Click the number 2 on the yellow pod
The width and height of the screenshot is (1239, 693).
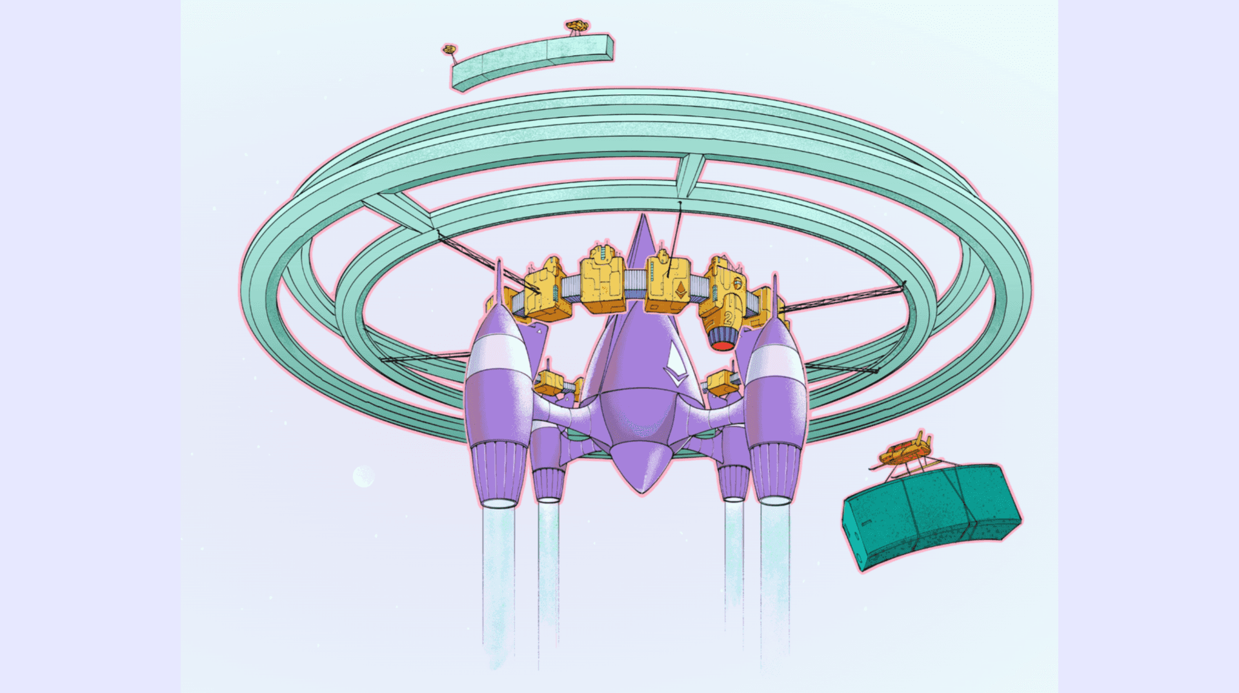click(728, 317)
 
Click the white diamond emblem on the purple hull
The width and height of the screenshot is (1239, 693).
click(676, 365)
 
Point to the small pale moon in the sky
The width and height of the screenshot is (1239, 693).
click(363, 477)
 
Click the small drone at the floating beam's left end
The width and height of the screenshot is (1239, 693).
click(449, 50)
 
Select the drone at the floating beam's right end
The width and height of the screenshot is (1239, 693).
click(576, 26)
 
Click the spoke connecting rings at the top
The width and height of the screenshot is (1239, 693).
click(690, 175)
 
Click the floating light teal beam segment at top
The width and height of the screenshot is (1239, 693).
click(532, 61)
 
